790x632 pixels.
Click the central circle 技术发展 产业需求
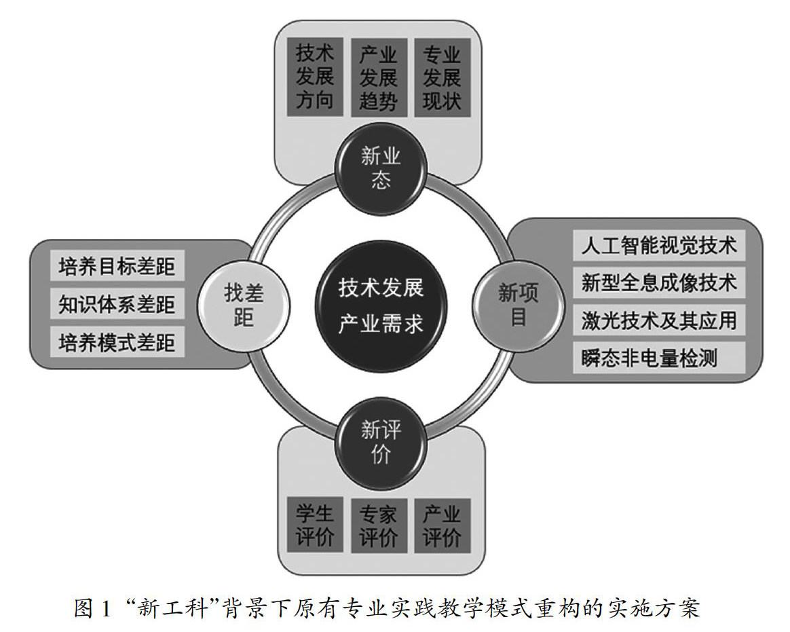(381, 305)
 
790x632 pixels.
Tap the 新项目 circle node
(518, 305)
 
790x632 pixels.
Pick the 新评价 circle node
(380, 441)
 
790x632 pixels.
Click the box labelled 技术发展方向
(315, 76)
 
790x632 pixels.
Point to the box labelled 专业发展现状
(442, 76)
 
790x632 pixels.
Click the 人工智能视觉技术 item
(658, 245)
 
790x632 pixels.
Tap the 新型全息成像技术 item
(658, 282)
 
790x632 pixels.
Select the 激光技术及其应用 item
(658, 320)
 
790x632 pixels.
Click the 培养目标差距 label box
(117, 267)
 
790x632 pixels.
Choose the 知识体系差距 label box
(117, 304)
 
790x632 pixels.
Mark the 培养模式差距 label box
(117, 342)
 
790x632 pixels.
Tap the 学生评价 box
(315, 525)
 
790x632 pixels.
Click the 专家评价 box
(379, 525)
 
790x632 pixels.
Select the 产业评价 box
(442, 525)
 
